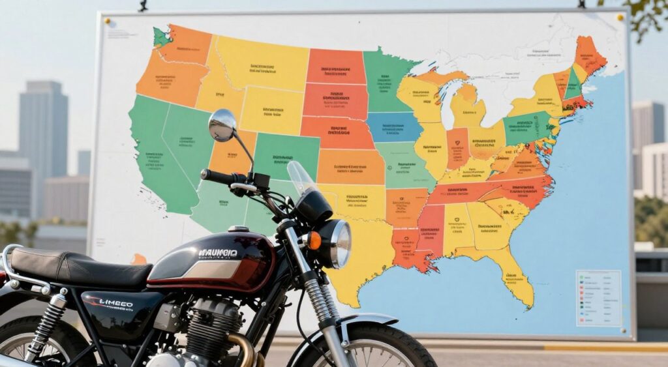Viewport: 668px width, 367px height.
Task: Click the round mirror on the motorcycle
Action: [x=222, y=125]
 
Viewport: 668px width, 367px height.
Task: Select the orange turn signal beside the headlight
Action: [x=313, y=241]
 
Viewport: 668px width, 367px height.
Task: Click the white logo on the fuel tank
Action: [x=218, y=253]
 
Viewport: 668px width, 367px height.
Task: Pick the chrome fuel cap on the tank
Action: [x=238, y=229]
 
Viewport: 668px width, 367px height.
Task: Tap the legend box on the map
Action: [x=598, y=297]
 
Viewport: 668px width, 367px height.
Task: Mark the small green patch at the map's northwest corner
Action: [x=161, y=37]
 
